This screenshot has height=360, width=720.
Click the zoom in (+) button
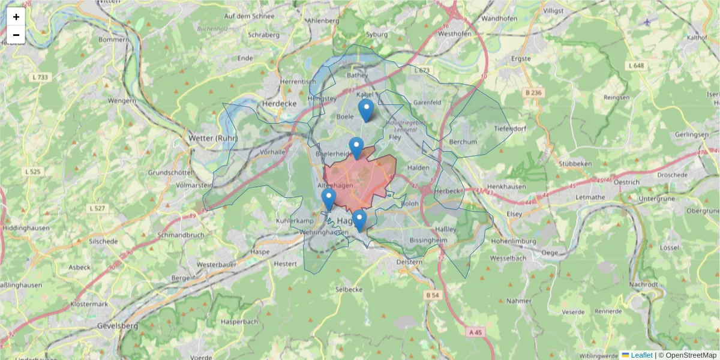(16, 17)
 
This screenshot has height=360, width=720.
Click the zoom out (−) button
(16, 35)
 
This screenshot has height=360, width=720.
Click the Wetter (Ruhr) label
(213, 138)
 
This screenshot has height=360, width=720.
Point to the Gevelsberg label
(117, 326)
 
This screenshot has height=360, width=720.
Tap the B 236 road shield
(533, 92)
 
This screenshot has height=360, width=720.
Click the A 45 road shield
(476, 332)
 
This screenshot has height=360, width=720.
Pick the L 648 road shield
(637, 65)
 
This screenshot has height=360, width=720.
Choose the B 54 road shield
(433, 295)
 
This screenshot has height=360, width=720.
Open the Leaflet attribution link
(641, 355)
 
